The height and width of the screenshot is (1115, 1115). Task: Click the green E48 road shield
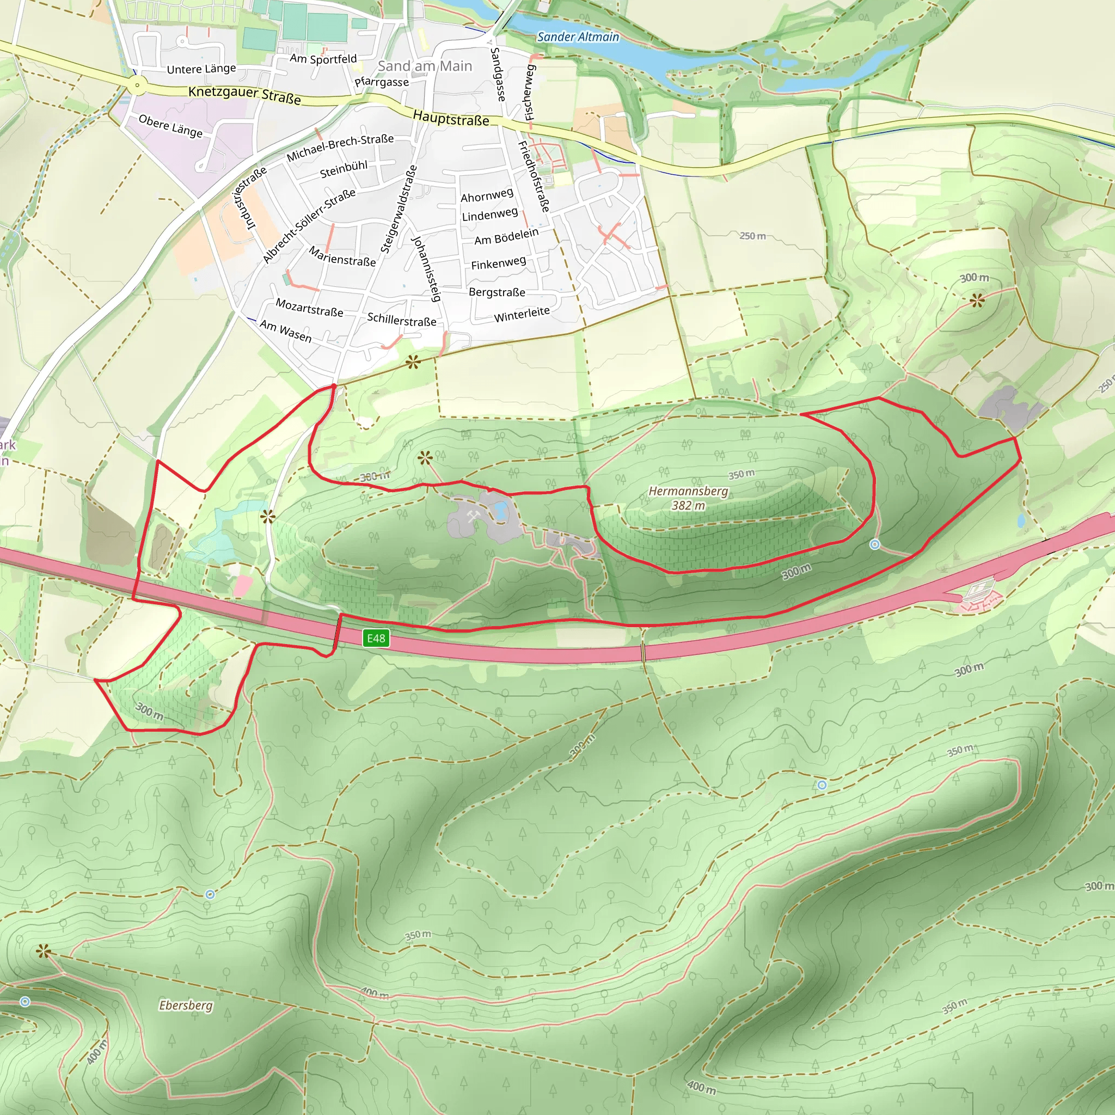[376, 638]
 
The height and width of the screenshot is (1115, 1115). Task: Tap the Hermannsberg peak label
[688, 491]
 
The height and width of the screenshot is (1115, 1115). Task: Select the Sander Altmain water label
[578, 37]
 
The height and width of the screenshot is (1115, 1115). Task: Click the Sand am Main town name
[425, 66]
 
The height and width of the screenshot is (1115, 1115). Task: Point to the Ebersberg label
[186, 1006]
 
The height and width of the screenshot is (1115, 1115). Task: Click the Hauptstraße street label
[451, 119]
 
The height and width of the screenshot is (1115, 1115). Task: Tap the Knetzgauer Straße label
[244, 95]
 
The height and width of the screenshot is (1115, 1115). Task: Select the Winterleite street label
[522, 315]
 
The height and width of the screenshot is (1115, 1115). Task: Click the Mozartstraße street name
[309, 308]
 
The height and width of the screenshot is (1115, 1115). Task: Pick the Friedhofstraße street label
[534, 176]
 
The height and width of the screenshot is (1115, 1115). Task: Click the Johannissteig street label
[426, 268]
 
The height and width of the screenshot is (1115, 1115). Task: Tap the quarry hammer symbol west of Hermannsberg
[473, 516]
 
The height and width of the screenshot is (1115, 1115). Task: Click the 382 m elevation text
[688, 506]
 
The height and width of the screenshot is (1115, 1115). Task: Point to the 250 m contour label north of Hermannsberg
[752, 236]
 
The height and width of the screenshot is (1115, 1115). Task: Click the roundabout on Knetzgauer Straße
[137, 86]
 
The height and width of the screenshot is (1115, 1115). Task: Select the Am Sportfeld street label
[323, 59]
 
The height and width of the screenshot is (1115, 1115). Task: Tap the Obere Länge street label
[170, 126]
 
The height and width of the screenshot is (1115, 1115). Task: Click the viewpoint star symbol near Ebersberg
[44, 952]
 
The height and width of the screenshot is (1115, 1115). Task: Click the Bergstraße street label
[497, 292]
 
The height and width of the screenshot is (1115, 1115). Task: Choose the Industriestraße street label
[249, 198]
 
